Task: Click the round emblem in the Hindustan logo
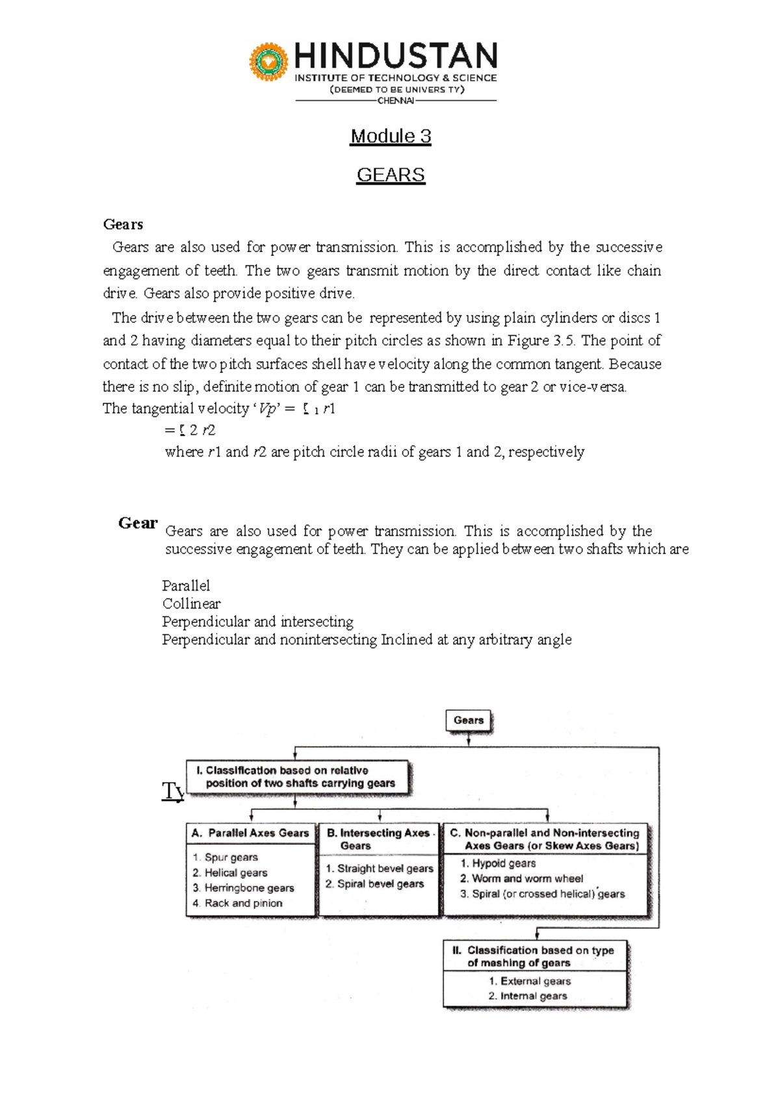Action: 268,62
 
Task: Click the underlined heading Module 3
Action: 391,136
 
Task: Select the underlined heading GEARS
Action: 391,175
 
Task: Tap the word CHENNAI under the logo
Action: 395,101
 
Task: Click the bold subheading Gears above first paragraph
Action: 123,225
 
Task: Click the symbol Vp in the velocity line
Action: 267,409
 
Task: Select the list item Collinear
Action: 191,603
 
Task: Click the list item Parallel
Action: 186,585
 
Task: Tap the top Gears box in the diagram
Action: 469,720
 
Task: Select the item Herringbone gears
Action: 249,888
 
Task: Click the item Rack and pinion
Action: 243,903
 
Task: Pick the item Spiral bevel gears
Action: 380,884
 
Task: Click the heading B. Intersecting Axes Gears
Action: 378,839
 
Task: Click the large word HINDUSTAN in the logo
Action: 396,57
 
